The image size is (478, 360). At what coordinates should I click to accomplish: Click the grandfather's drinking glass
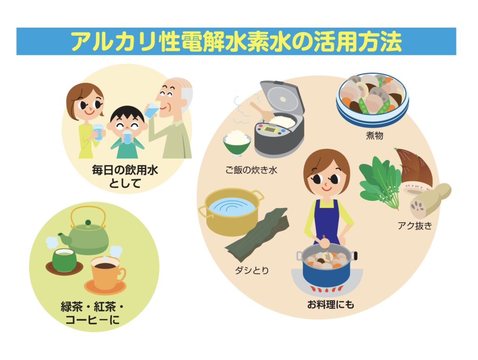[x=152, y=111]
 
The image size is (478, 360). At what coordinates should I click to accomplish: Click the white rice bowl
[x=237, y=142]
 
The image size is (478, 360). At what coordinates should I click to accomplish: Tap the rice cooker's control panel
[x=270, y=129]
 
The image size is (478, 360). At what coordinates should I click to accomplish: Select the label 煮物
[x=374, y=135]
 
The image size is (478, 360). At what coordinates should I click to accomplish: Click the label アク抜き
[x=415, y=226]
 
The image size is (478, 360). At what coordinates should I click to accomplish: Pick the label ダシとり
[x=252, y=270]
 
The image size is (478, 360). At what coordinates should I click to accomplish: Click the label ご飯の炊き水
[x=251, y=170]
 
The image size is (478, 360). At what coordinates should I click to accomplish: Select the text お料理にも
[x=330, y=304]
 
